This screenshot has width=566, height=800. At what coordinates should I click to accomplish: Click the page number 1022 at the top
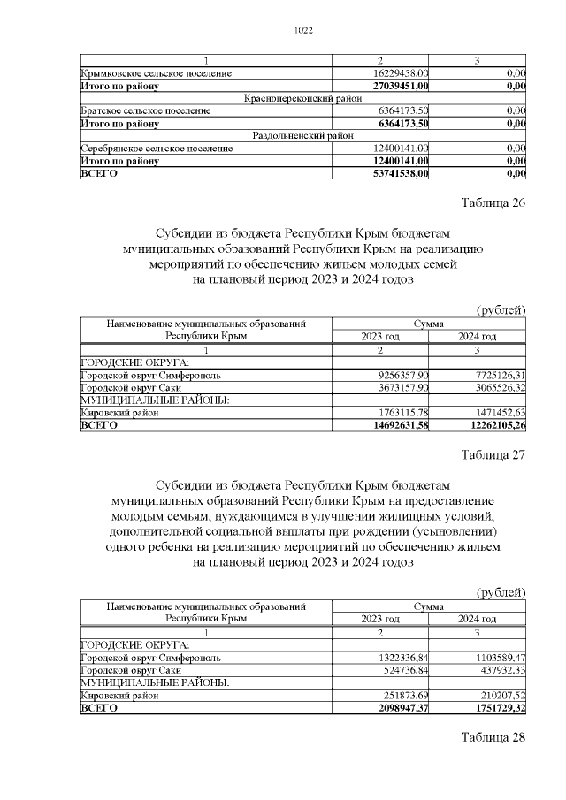[x=302, y=30]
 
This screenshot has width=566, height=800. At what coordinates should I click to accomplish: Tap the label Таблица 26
[x=493, y=202]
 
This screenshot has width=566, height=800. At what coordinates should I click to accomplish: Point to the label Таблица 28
[x=493, y=737]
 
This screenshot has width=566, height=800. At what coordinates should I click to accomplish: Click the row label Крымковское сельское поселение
[x=150, y=73]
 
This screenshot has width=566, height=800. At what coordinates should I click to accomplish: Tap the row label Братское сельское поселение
[x=145, y=110]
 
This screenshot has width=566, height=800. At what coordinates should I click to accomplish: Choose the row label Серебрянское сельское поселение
[x=151, y=149]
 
